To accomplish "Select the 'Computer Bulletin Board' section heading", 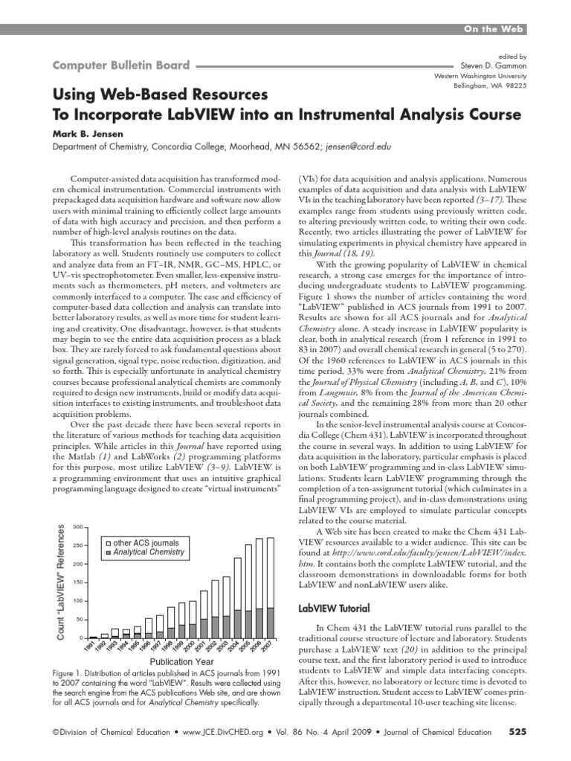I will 120,65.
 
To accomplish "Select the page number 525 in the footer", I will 517,732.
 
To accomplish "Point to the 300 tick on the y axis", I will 77,526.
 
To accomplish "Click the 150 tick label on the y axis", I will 77,582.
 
